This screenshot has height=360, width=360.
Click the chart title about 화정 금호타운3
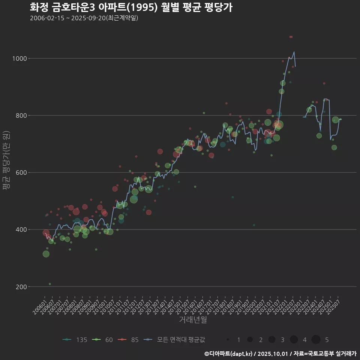coord(131,7)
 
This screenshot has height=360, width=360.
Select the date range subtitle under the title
coord(84,18)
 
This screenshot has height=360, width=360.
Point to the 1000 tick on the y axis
coord(19,58)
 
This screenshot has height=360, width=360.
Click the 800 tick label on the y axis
coord(21,115)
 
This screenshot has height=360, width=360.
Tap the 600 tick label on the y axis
coord(21,172)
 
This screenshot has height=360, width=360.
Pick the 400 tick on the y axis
coord(21,229)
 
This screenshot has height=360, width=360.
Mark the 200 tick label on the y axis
coord(21,287)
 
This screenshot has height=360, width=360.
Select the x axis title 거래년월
coord(193,320)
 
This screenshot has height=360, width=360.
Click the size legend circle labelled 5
coord(316,340)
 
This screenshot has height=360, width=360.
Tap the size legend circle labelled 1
coord(228,340)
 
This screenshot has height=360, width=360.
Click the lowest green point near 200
coord(50,284)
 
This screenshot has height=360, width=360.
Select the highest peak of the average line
coord(294,52)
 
